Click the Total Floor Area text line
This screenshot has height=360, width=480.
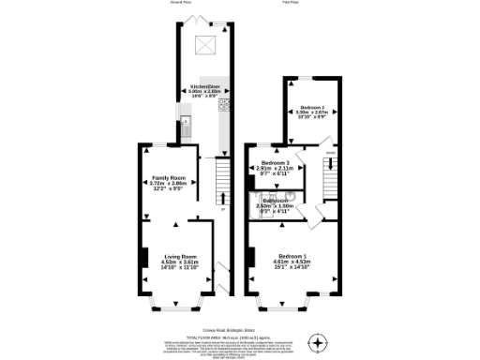240,335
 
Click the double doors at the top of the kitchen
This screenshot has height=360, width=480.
203,20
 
